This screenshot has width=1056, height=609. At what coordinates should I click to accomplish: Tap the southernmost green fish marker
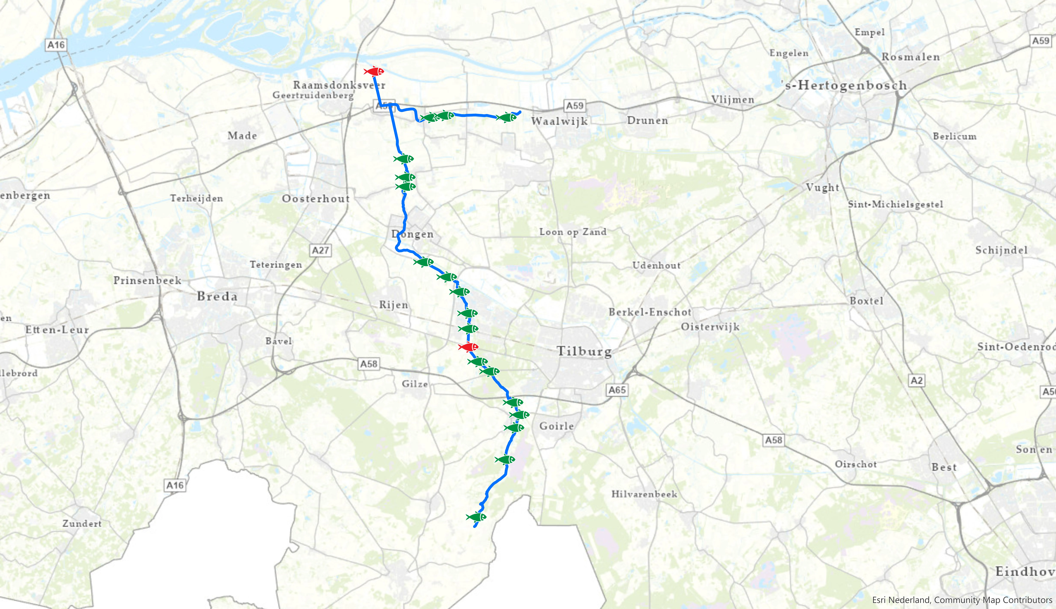pyautogui.click(x=476, y=517)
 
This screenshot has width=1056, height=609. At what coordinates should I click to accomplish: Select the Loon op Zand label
pyautogui.click(x=573, y=232)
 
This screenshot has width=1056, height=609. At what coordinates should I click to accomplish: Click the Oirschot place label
pyautogui.click(x=855, y=464)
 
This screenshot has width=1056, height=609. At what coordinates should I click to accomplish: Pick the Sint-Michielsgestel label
pyautogui.click(x=895, y=204)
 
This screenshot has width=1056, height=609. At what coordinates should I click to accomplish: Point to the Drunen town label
pyautogui.click(x=647, y=121)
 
